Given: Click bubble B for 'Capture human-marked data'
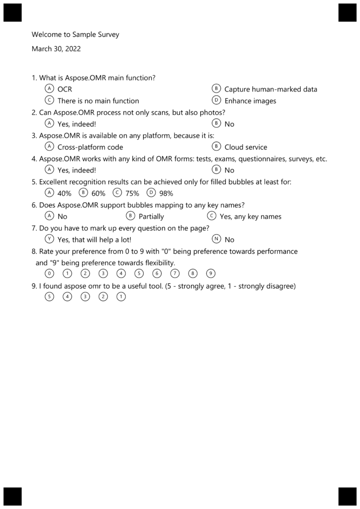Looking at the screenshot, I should [x=216, y=89].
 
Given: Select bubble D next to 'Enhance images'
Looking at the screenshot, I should [x=216, y=100].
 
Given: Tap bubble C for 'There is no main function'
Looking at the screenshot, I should [x=49, y=100].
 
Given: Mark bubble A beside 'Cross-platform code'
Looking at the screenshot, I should [x=49, y=147].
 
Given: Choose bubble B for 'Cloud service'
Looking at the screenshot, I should [x=216, y=147].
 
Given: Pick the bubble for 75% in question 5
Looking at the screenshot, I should [x=117, y=193].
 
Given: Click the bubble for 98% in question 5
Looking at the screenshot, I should [x=151, y=193].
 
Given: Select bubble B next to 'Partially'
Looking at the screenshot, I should [x=131, y=216].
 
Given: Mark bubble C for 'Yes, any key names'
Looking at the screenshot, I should [x=212, y=216].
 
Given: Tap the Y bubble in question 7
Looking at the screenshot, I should [x=49, y=239].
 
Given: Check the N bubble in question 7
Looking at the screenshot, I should [x=216, y=239].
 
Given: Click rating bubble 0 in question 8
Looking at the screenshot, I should [x=49, y=273].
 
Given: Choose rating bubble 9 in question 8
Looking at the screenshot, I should [x=211, y=273].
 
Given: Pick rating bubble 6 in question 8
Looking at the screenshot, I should [x=157, y=273].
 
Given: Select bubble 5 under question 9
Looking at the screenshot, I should [x=49, y=297].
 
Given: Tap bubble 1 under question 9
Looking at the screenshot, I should [x=121, y=297].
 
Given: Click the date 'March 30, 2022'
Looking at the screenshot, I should [x=56, y=49].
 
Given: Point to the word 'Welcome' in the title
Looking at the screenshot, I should [x=45, y=35].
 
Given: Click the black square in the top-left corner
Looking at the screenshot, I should [x=12, y=12].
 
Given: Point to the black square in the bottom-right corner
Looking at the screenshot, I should [x=348, y=496].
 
